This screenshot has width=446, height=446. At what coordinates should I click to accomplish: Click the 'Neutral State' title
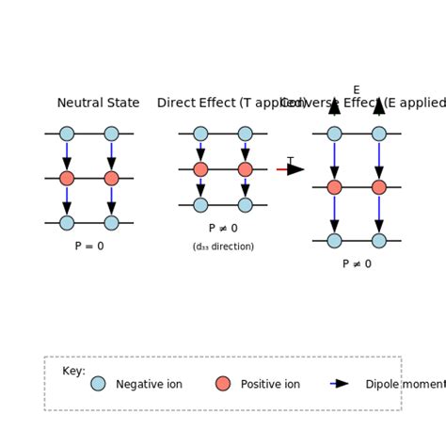coord(98,104)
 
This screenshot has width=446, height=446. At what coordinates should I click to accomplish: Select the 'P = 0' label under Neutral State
coord(89,247)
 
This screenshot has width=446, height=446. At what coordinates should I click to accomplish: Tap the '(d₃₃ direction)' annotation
coord(223,247)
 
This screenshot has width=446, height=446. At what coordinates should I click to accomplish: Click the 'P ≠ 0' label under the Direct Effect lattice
coord(223,229)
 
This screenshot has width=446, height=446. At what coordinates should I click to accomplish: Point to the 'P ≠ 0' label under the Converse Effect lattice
coord(357,264)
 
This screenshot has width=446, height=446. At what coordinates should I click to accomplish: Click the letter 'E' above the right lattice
coord(357,90)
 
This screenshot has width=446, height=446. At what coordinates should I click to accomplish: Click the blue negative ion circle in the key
coord(98,384)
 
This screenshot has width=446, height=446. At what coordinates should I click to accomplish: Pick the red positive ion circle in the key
coord(223,384)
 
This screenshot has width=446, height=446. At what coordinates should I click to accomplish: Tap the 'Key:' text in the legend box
coord(73,371)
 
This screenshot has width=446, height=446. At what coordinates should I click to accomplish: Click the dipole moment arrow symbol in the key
coord(340,384)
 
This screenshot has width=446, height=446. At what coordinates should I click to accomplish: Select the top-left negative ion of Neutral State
coord(67,134)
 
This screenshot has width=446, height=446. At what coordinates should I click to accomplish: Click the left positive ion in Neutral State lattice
coord(67,178)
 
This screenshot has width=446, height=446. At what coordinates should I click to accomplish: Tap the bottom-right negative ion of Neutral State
coord(111,223)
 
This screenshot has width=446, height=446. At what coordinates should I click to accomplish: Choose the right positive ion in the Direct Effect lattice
coord(245,169)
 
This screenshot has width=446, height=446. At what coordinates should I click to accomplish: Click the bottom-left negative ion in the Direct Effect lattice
coord(200,205)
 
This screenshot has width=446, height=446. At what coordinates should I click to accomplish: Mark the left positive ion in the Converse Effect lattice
coord(334,187)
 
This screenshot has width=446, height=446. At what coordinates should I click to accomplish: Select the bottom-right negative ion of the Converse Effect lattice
coord(378,241)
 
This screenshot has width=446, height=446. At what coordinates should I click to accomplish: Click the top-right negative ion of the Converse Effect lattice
coord(378,134)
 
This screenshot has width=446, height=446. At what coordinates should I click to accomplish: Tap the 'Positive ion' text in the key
coord(270,385)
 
